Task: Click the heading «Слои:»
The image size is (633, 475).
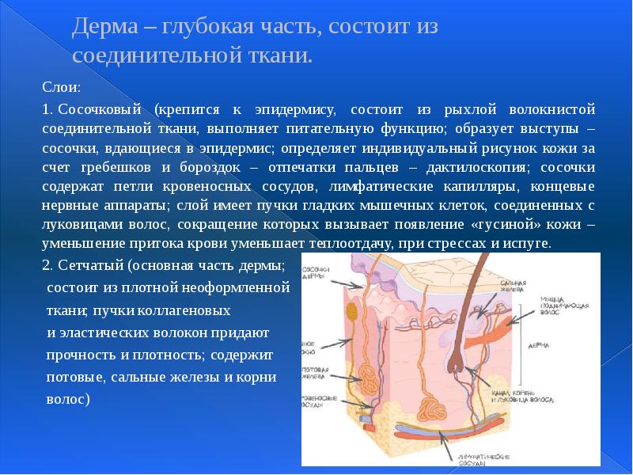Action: [x=58, y=85]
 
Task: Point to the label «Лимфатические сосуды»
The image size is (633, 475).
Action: [x=483, y=460]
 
